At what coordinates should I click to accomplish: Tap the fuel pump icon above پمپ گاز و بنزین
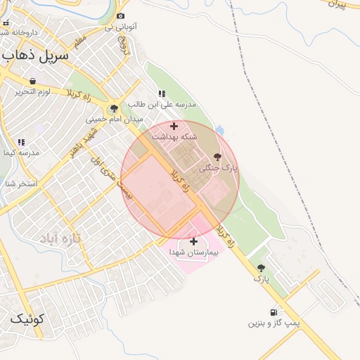pyautogui.click(x=273, y=312)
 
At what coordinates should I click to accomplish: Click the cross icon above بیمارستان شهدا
pyautogui.click(x=193, y=241)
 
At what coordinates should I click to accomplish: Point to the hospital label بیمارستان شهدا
pyautogui.click(x=194, y=252)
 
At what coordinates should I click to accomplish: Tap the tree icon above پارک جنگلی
pyautogui.click(x=217, y=157)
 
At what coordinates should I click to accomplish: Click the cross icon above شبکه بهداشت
pyautogui.click(x=174, y=126)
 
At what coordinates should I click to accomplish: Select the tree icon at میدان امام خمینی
pyautogui.click(x=113, y=109)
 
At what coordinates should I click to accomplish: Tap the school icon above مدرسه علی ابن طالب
pyautogui.click(x=162, y=94)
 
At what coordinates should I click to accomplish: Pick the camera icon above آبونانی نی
pyautogui.click(x=121, y=16)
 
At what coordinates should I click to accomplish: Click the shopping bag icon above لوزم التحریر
pyautogui.click(x=33, y=82)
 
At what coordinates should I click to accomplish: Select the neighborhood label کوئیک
pyautogui.click(x=27, y=319)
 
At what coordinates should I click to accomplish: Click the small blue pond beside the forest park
pyautogui.click(x=220, y=130)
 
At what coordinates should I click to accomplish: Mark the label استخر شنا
pyautogui.click(x=18, y=184)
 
